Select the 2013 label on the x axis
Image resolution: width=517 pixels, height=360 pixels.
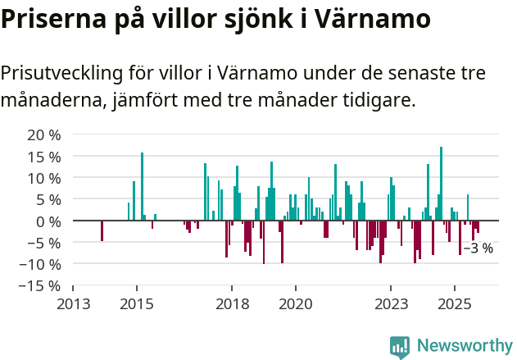pyautogui.click(x=73, y=304)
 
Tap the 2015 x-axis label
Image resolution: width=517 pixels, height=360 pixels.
pyautogui.click(x=136, y=304)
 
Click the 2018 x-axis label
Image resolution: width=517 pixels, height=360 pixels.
pyautogui.click(x=232, y=304)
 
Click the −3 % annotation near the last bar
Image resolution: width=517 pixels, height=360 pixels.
pyautogui.click(x=478, y=248)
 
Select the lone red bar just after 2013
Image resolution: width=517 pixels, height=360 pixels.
pyautogui.click(x=102, y=230)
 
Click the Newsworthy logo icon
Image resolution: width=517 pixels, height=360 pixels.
pyautogui.click(x=400, y=347)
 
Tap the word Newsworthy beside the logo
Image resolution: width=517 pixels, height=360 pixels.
pyautogui.click(x=464, y=347)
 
